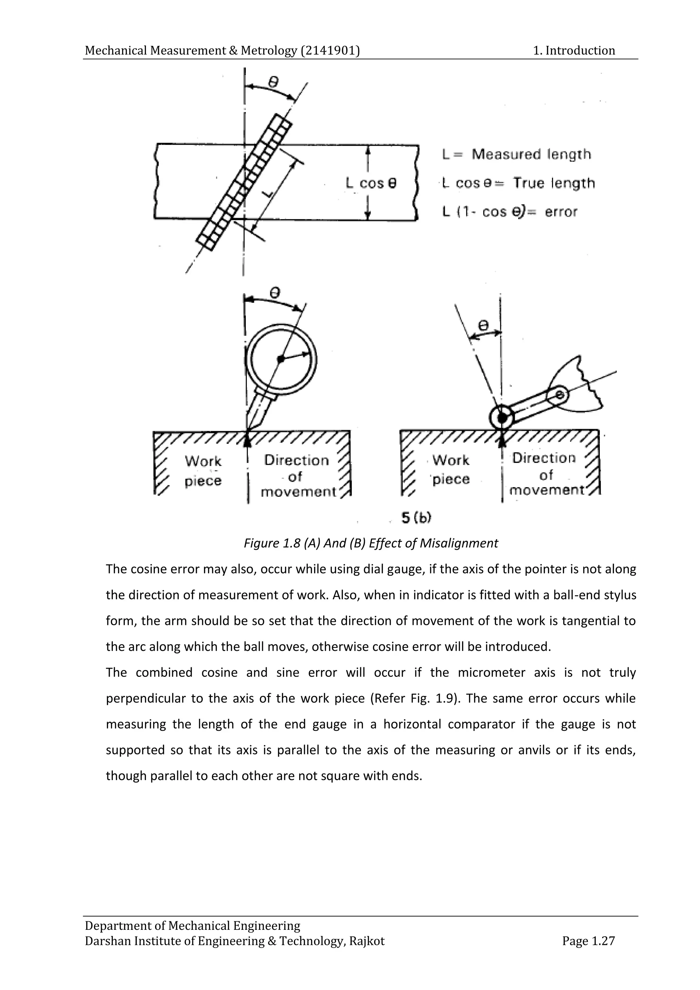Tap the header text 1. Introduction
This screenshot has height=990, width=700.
(x=574, y=51)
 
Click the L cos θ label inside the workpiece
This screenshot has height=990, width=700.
(x=371, y=183)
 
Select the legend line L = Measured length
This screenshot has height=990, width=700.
(x=516, y=155)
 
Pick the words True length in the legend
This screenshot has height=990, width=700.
(x=553, y=183)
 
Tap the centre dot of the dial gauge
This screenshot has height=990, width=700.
(x=281, y=359)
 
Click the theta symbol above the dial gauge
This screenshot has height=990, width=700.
(x=274, y=293)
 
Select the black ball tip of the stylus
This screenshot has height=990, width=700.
(x=502, y=417)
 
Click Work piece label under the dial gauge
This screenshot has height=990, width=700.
(x=203, y=471)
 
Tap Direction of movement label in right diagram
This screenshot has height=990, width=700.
(x=545, y=474)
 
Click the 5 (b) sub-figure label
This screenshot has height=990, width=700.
(x=416, y=518)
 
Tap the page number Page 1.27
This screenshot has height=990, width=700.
(x=588, y=941)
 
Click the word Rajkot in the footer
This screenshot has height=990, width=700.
(x=366, y=941)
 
